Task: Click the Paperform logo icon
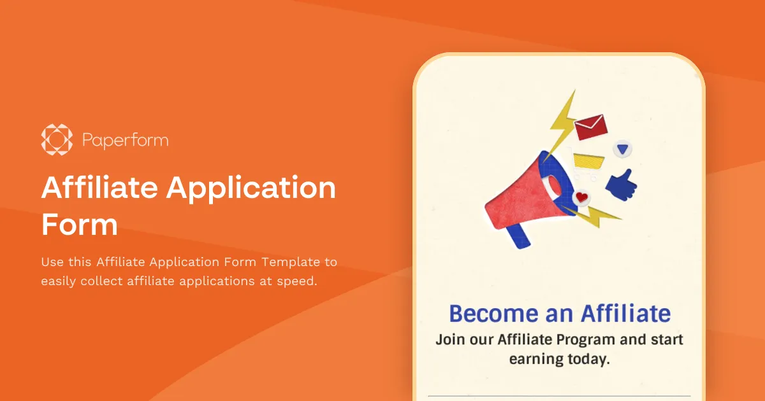coord(57,139)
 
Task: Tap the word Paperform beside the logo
coord(126,140)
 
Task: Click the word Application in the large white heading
coord(251,188)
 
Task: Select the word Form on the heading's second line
coord(80,225)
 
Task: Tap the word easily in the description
coord(59,281)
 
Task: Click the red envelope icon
coord(590,126)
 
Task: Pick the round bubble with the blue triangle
coord(622,150)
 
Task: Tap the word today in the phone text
coord(586,359)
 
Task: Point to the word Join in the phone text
coord(449,339)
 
